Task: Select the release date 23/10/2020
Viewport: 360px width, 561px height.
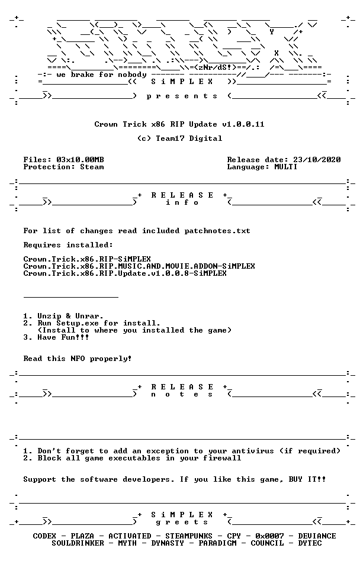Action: coord(317,160)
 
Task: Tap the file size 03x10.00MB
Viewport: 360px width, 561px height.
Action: coord(80,160)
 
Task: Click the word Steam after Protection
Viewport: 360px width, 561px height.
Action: coord(92,167)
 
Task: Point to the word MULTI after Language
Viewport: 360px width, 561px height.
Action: coord(286,167)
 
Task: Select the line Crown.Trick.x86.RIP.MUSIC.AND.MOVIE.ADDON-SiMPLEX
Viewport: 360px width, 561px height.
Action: coord(139,266)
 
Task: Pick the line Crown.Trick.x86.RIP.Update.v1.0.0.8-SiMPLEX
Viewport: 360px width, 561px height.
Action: coord(125,273)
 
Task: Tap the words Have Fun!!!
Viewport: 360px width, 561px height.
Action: coord(63,337)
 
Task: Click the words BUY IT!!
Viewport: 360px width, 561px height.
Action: coord(307,479)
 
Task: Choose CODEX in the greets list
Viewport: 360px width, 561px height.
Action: coord(44,536)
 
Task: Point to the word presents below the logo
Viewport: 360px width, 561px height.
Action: coord(182,96)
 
